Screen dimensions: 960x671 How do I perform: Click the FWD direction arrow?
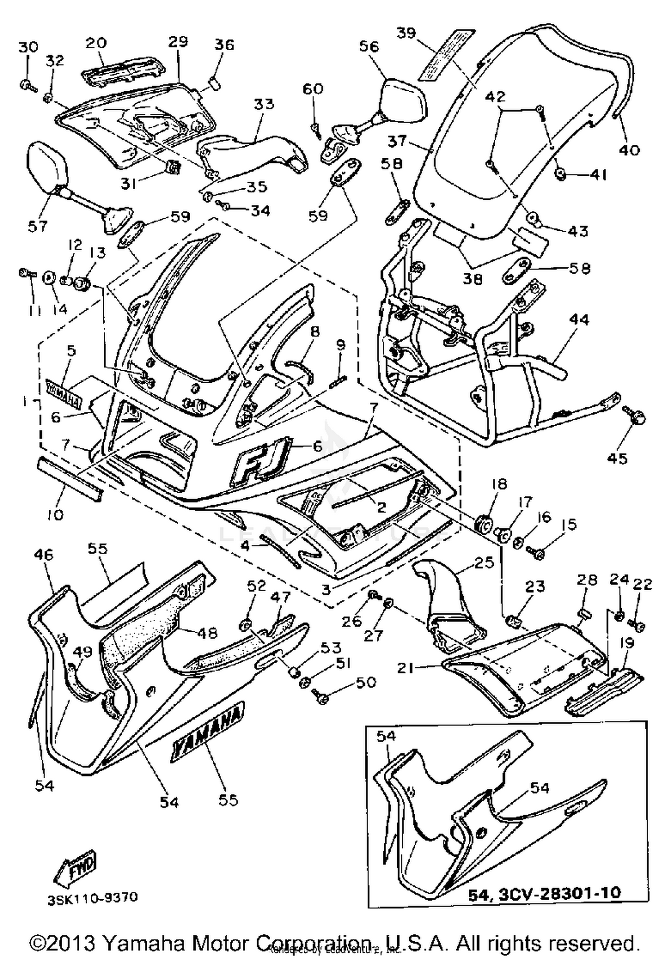click(x=74, y=870)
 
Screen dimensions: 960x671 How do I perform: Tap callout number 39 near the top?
click(x=406, y=34)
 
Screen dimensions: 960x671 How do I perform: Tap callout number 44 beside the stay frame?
click(x=579, y=320)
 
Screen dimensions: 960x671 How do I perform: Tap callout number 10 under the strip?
click(x=55, y=515)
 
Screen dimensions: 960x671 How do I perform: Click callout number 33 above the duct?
click(x=264, y=104)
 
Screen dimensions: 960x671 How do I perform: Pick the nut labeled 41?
click(x=561, y=175)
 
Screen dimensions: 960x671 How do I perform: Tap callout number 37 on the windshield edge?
click(x=397, y=141)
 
